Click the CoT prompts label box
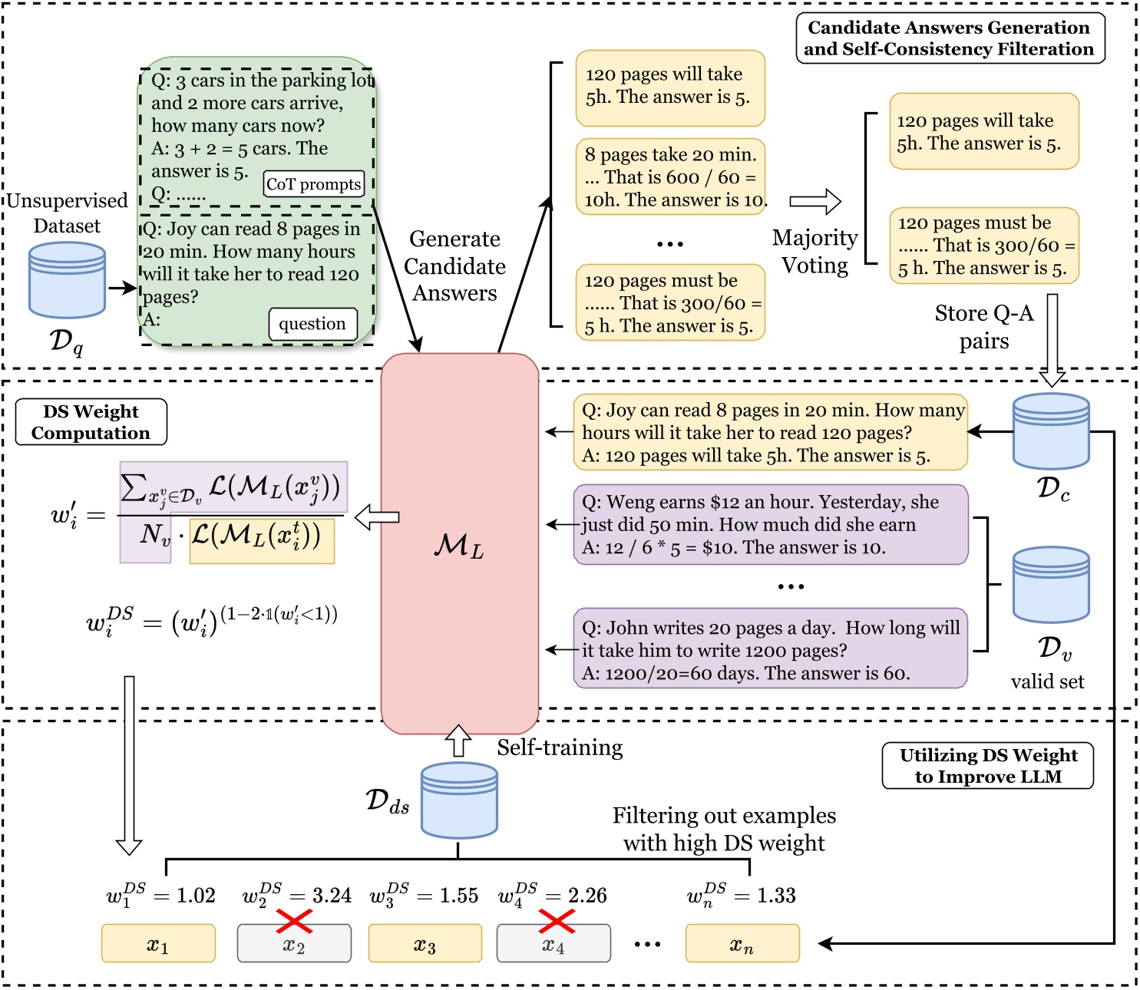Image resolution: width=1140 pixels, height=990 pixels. (x=313, y=184)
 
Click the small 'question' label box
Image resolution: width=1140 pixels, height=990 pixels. (x=312, y=324)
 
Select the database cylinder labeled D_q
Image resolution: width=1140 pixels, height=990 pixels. (x=67, y=280)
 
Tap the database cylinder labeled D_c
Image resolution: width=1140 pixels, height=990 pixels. (x=1051, y=431)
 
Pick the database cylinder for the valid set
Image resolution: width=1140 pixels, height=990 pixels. (x=1051, y=584)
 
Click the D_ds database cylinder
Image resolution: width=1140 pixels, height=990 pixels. (x=459, y=800)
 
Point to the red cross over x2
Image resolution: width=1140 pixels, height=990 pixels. (x=293, y=921)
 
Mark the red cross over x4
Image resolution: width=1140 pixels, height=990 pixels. (x=557, y=921)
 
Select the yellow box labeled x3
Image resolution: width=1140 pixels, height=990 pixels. (x=425, y=944)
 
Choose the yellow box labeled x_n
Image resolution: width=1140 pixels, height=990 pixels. (x=742, y=944)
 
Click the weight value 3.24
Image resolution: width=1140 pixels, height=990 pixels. (x=331, y=896)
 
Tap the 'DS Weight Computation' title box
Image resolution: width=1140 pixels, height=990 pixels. (x=91, y=422)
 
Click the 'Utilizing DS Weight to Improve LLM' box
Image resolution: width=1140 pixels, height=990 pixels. (x=987, y=765)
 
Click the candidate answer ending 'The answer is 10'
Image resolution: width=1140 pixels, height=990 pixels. (x=670, y=177)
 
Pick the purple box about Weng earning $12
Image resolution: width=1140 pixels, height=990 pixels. (x=770, y=525)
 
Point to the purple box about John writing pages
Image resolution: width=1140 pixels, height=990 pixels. (x=770, y=649)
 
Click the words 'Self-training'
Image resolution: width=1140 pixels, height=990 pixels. (x=560, y=747)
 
